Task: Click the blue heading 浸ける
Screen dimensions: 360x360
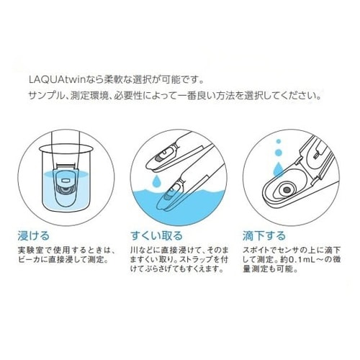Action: tap(37, 235)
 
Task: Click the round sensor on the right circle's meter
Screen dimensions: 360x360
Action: tap(287, 189)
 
